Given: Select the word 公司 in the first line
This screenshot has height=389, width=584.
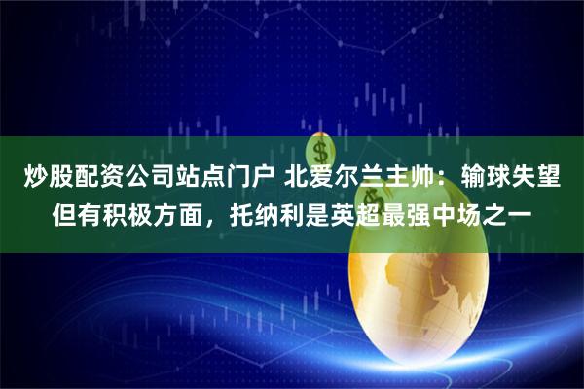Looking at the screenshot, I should pyautogui.click(x=143, y=178).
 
